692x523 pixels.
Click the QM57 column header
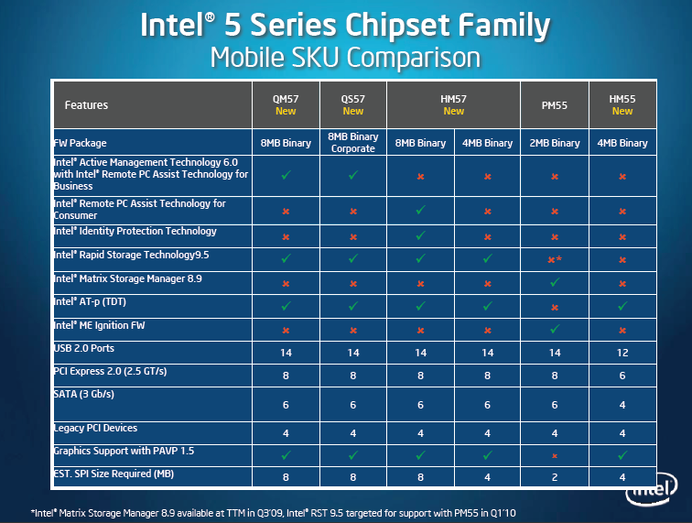[x=286, y=105]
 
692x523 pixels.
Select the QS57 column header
[x=352, y=105]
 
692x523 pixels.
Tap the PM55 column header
[x=554, y=105]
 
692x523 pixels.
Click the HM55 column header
[x=622, y=105]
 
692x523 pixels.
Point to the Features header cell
[x=86, y=105]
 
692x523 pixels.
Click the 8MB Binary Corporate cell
[x=352, y=143]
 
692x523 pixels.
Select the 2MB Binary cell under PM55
[x=554, y=143]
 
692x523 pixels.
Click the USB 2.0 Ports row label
[x=83, y=349]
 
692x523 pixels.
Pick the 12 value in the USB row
[x=622, y=353]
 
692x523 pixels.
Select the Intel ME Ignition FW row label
[x=99, y=325]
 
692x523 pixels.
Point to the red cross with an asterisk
[x=555, y=260]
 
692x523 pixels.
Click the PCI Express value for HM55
[x=622, y=376]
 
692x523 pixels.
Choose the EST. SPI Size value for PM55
[x=554, y=477]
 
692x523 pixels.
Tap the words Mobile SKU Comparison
[x=345, y=58]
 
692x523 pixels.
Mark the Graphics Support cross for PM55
[x=554, y=454]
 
